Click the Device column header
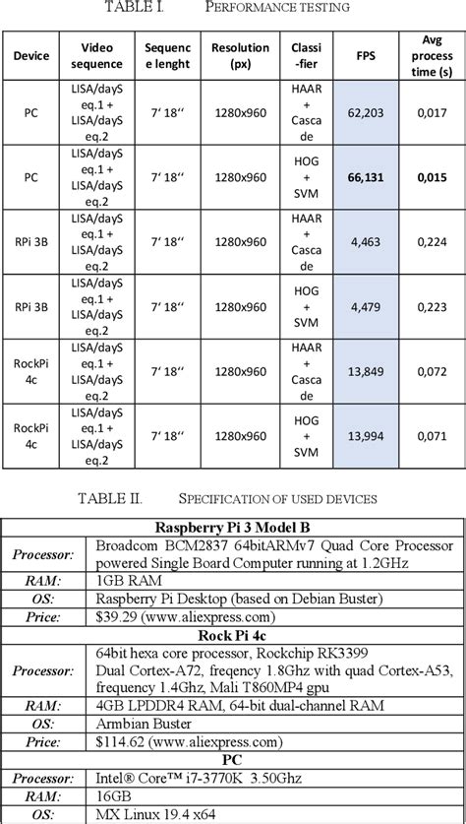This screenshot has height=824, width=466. [31, 55]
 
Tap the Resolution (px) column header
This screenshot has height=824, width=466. [240, 55]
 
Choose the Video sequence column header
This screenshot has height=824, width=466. [98, 55]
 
